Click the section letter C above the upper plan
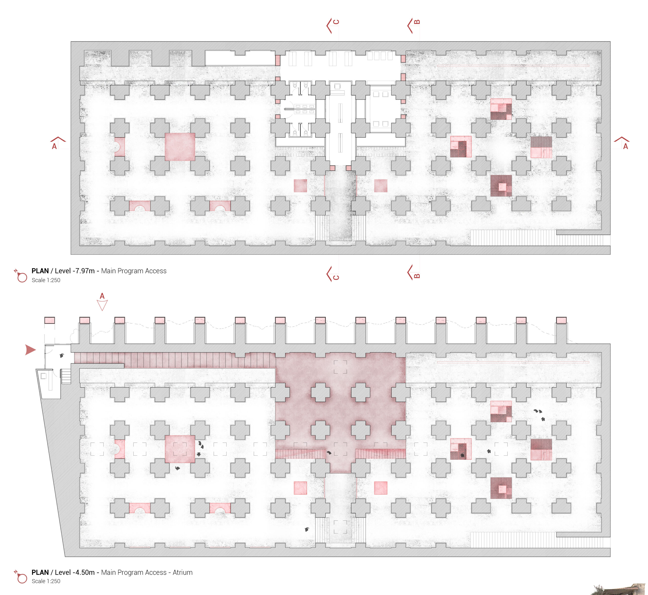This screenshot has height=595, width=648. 336,22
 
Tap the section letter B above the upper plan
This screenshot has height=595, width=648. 417,22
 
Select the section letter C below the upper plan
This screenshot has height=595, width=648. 336,278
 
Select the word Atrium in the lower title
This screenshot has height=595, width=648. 183,572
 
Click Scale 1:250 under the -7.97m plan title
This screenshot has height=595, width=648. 46,280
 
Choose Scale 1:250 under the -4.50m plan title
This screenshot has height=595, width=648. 46,581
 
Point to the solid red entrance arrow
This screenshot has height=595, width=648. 30,350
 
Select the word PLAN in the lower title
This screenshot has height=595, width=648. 40,572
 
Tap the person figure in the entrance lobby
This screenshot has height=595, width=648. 62,355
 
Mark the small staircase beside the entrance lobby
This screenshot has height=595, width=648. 66,376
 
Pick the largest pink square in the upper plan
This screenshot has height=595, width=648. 180,147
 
